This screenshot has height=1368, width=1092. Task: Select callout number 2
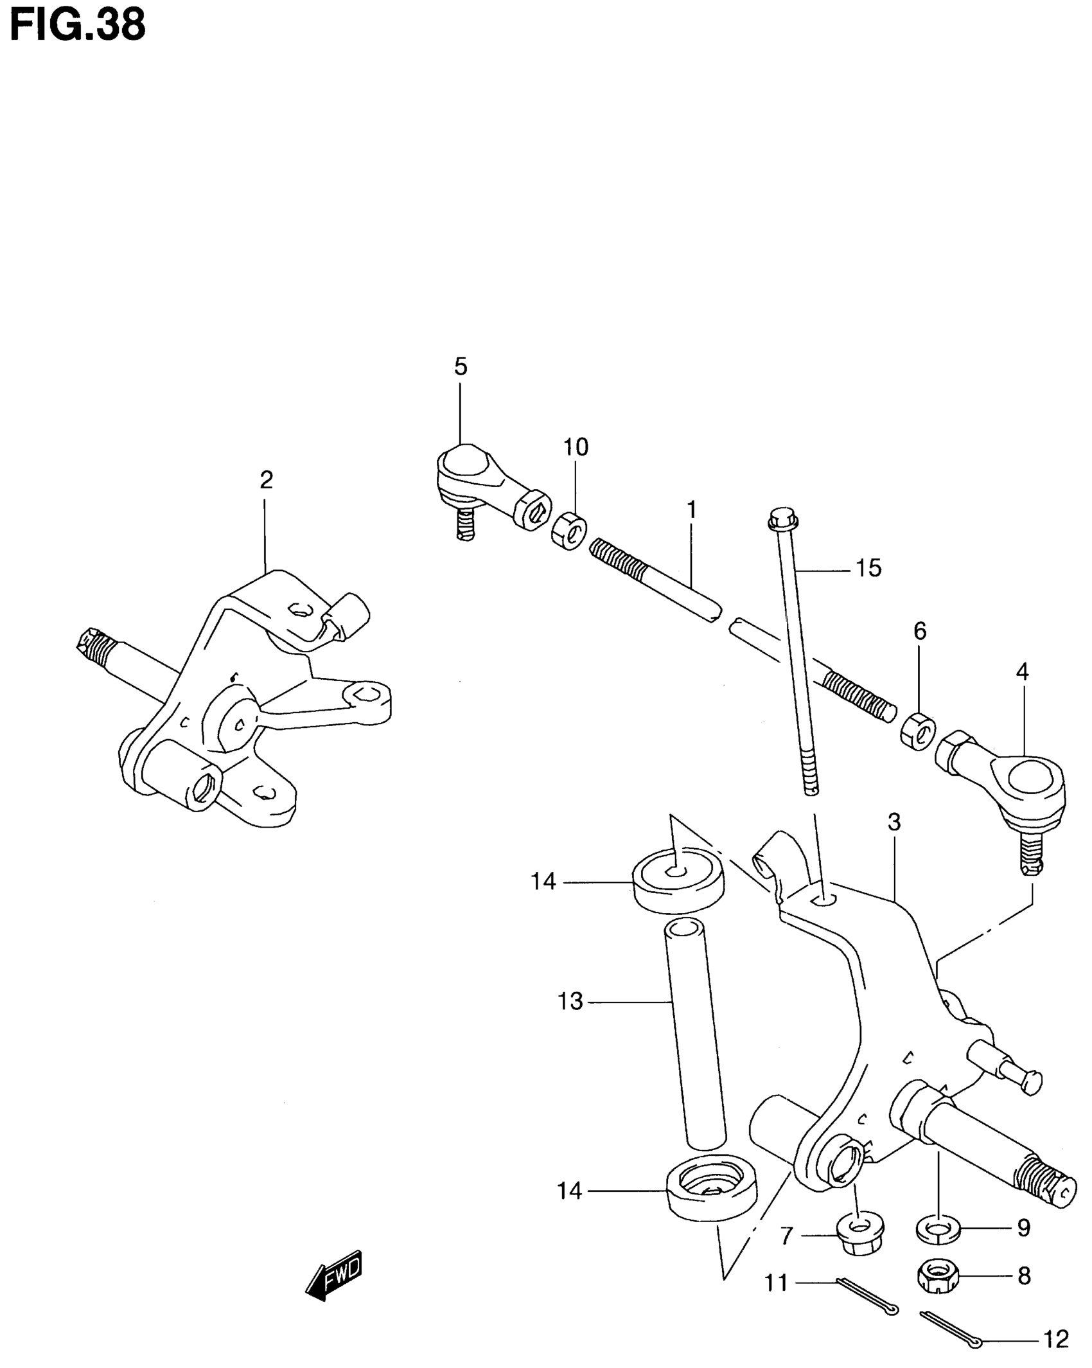[x=266, y=479]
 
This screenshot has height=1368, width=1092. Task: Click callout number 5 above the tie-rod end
[x=460, y=367]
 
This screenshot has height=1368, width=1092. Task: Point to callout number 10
[x=576, y=447]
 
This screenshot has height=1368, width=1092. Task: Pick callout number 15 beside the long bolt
[x=868, y=568]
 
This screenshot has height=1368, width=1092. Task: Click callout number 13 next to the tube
[x=570, y=1001]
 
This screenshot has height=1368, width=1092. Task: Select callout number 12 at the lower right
[x=1056, y=1339]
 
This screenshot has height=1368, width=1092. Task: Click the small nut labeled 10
[x=568, y=531]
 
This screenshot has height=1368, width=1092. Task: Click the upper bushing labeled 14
[x=678, y=879]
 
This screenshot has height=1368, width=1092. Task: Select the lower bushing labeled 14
[x=711, y=1191]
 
